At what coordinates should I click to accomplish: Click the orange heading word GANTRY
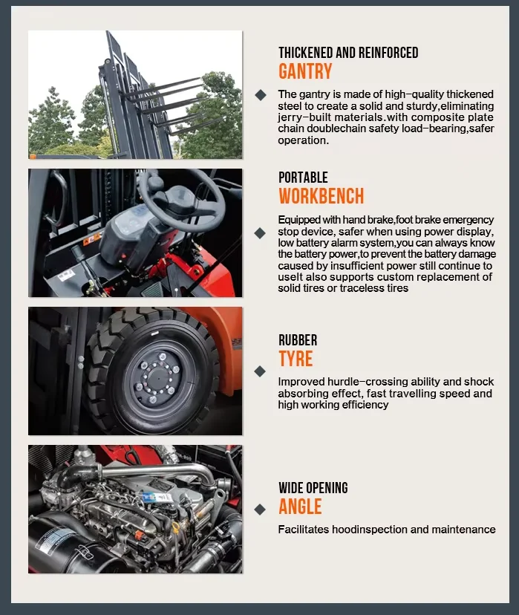[x=305, y=71]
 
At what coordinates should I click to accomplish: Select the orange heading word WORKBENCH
[x=321, y=196]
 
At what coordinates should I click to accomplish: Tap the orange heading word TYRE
[x=296, y=359]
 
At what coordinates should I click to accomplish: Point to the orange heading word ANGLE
[x=300, y=507]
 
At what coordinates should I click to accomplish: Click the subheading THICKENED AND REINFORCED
[x=348, y=53]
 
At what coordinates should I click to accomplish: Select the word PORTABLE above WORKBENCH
[x=303, y=178]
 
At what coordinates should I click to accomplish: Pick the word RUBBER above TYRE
[x=298, y=340]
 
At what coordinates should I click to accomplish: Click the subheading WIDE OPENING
[x=313, y=488]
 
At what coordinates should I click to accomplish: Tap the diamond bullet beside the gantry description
[x=260, y=94]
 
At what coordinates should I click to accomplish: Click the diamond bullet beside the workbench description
[x=260, y=232]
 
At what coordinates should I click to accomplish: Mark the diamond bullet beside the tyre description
[x=260, y=371]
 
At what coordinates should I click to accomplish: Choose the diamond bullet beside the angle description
[x=260, y=510]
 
